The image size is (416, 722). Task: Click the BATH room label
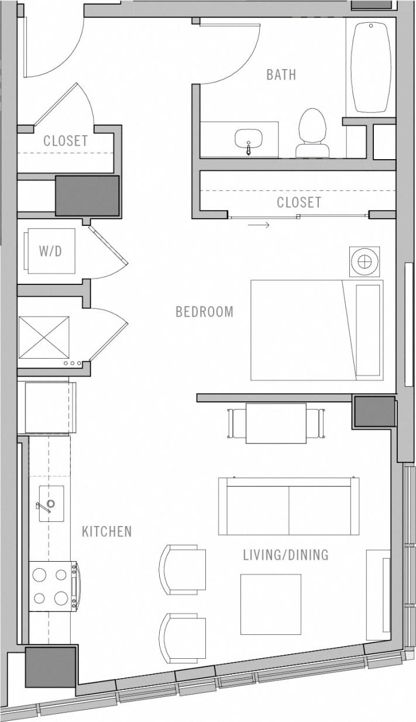coord(281,75)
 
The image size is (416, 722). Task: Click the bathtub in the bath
coord(370,67)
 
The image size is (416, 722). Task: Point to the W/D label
coord(50,251)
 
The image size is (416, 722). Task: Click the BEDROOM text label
coord(204,311)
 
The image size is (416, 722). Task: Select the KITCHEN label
coord(106,531)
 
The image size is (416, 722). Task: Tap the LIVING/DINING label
coord(286,555)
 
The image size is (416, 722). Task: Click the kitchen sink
coord(51,503)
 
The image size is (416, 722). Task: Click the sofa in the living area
coord(288,507)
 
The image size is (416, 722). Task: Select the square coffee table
coord(271,604)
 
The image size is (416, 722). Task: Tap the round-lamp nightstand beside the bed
coord(364,261)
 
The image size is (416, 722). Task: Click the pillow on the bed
coord(368,330)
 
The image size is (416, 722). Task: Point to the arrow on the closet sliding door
coord(259,225)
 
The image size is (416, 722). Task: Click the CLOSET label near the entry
coord(66,141)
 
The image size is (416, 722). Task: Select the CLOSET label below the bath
coord(298,202)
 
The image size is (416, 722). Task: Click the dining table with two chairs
coord(276,423)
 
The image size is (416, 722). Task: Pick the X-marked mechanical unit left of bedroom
coord(44,337)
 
